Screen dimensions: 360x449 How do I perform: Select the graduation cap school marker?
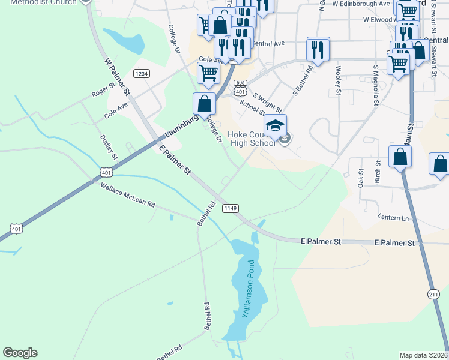point(275,125)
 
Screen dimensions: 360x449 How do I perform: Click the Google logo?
point(20,353)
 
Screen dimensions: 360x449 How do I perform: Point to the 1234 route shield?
point(142,73)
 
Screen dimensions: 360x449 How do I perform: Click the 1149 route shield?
point(231,208)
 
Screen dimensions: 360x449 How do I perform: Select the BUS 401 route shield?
point(240,88)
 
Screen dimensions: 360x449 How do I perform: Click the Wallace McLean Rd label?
point(128,196)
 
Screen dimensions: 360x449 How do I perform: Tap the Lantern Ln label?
point(393,217)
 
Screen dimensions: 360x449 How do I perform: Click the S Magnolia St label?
point(375,86)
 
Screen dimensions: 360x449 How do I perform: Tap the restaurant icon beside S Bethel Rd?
point(318,49)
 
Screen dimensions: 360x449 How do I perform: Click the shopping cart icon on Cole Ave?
point(208,73)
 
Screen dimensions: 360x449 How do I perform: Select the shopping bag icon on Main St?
point(400,157)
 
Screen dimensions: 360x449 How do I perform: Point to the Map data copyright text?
point(424,355)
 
